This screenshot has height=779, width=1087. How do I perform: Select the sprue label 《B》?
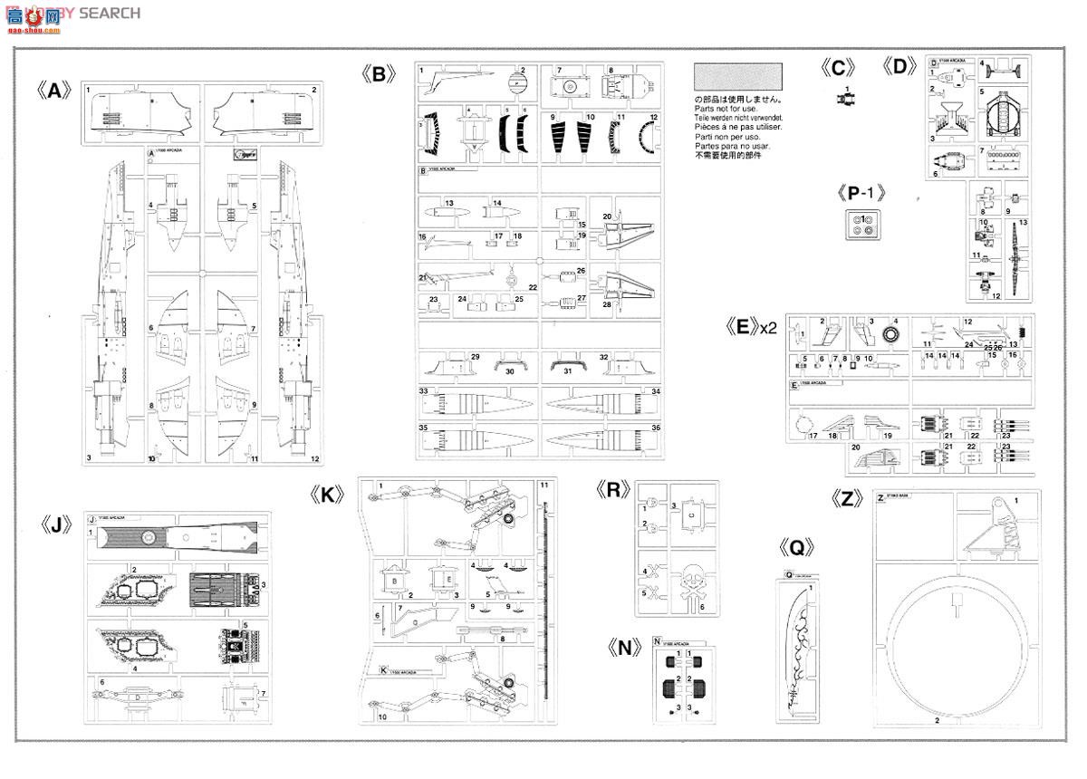pyautogui.click(x=379, y=74)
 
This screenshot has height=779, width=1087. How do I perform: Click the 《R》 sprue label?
pyautogui.click(x=613, y=491)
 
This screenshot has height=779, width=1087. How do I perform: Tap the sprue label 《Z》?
pyautogui.click(x=848, y=499)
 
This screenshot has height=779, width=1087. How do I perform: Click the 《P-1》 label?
pyautogui.click(x=861, y=192)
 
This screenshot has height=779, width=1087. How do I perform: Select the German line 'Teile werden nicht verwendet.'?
pyautogui.click(x=738, y=119)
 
